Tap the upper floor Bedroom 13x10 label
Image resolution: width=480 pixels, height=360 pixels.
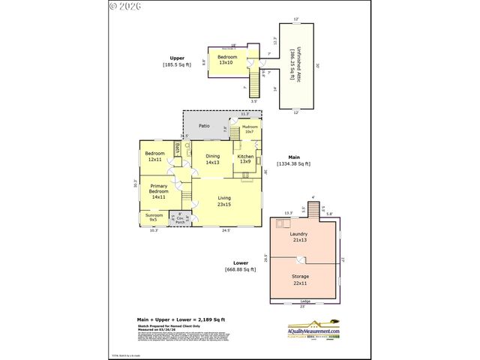[227, 60]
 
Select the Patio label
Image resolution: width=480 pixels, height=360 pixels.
[203, 126]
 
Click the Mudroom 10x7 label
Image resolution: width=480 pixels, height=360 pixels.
[250, 129]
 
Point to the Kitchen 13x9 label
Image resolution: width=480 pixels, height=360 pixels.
[245, 159]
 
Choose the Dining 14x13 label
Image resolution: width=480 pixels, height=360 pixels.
[212, 159]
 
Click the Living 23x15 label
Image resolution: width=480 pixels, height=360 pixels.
[224, 200]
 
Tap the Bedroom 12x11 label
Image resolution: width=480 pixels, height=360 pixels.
[154, 156]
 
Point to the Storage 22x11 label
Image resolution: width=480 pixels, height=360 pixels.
[300, 279]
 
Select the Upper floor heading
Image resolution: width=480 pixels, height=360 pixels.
[177, 61]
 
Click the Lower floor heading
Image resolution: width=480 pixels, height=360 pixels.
[240, 266]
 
